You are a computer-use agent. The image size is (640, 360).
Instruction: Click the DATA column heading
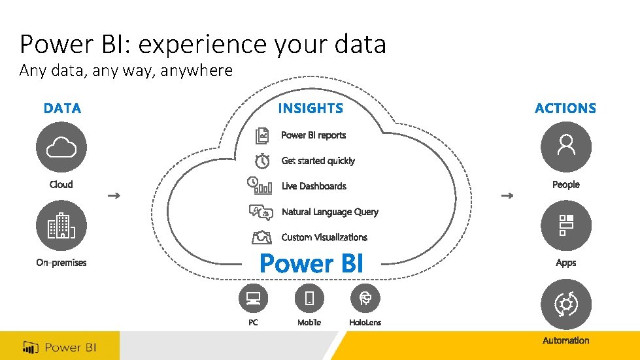click(62, 108)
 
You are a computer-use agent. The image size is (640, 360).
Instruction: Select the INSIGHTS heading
click(311, 108)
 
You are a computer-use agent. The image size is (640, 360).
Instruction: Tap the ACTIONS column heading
click(565, 108)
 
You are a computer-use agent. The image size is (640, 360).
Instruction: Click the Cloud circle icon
click(61, 147)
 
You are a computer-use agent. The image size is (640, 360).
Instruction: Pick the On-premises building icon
click(61, 225)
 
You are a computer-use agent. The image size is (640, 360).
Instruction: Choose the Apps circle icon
click(566, 225)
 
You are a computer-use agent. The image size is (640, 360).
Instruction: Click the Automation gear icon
click(566, 304)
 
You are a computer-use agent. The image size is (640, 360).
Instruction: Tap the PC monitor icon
click(253, 299)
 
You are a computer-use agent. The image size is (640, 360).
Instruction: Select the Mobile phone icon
click(309, 299)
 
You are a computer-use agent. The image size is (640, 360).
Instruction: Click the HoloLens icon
click(365, 299)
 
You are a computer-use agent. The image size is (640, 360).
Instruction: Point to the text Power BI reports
click(313, 135)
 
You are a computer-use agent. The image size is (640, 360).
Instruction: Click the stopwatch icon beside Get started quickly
click(262, 161)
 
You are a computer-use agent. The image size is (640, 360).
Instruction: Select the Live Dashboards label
click(314, 186)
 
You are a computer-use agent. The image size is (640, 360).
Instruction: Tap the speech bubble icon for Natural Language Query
click(261, 212)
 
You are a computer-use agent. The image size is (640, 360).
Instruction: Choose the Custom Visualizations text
click(324, 237)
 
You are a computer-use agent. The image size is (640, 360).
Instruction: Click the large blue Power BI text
click(311, 263)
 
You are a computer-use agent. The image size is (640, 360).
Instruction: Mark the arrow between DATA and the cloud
click(113, 195)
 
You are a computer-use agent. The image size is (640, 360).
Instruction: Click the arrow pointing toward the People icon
click(507, 195)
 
